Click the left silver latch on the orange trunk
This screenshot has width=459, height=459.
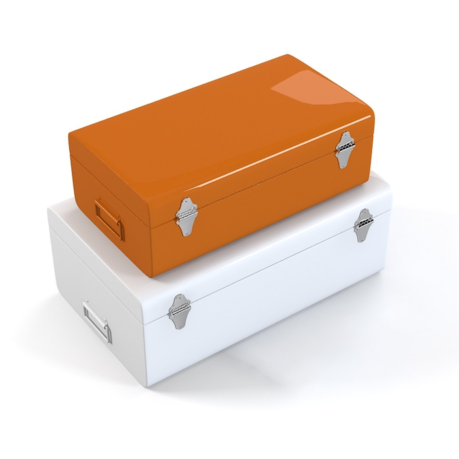[x=186, y=216]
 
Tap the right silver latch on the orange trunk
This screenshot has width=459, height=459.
[x=345, y=149]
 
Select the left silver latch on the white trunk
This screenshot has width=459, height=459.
[x=179, y=312]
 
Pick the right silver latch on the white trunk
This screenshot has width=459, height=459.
[x=363, y=225]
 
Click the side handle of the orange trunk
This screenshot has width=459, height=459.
[x=109, y=219]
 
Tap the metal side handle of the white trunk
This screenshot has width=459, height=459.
[x=97, y=322]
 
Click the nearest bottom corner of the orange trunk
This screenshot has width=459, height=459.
[x=152, y=276]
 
